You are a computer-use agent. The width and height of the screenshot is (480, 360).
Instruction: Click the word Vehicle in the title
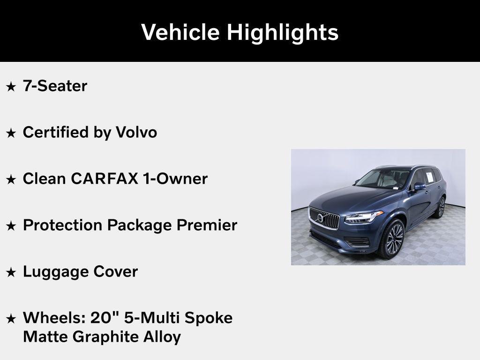[180, 32]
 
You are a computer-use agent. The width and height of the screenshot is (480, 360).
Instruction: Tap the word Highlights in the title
[283, 32]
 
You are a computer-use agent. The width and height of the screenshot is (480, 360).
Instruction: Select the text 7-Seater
[55, 86]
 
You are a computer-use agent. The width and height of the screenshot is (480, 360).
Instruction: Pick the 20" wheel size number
[105, 317]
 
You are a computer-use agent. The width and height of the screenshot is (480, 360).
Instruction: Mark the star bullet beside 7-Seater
[11, 87]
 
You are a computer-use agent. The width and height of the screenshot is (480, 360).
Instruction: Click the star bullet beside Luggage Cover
[11, 272]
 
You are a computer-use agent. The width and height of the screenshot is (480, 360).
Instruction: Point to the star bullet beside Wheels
[11, 319]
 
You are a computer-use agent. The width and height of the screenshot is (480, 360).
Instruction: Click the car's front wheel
[393, 239]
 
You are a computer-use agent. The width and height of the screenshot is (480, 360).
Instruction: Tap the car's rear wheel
[441, 207]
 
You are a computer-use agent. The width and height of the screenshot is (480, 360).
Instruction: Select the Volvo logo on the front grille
[321, 218]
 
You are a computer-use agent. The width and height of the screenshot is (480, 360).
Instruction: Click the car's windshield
[377, 179]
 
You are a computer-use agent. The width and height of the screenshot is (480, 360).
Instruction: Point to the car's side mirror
[419, 187]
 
